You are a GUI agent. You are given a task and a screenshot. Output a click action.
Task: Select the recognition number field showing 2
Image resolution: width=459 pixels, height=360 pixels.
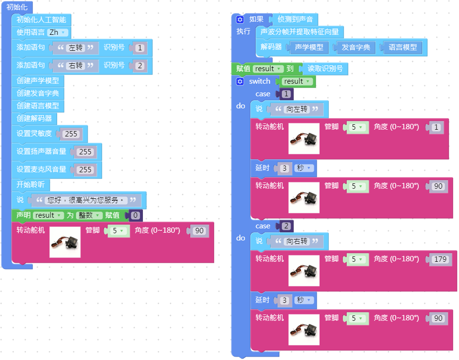[139, 65]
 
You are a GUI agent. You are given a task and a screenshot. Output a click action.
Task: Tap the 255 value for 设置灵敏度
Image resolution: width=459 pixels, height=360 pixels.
[71, 134]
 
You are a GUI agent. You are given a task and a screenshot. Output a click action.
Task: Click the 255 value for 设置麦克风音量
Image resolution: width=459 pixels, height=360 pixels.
[85, 170]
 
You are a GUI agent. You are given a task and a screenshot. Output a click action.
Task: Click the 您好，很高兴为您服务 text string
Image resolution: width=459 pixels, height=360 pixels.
[85, 200]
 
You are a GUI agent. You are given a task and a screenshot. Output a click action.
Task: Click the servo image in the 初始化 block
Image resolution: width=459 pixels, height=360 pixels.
[65, 242]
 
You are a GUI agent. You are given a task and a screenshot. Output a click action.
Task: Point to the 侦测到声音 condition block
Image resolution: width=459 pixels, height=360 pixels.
[295, 20]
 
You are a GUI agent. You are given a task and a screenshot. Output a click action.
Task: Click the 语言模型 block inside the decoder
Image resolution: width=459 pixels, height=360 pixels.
[402, 47]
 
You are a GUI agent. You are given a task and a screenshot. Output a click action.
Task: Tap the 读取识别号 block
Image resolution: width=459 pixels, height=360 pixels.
[325, 69]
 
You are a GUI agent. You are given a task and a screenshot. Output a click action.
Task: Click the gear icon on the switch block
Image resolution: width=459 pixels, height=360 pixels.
[240, 81]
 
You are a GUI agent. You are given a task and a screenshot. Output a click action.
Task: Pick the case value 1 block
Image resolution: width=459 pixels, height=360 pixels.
[286, 94]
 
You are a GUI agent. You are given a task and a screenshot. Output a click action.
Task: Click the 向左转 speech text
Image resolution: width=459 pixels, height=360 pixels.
[297, 109]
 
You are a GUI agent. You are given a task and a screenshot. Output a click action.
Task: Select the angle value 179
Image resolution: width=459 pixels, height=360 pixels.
[440, 259]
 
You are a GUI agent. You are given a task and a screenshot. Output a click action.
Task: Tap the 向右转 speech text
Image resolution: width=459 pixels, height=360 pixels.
[297, 241]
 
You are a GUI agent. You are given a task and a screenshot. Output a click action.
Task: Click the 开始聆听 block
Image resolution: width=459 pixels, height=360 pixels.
[30, 185]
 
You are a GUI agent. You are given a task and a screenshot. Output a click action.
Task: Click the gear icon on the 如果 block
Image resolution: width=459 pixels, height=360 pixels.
[240, 20]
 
